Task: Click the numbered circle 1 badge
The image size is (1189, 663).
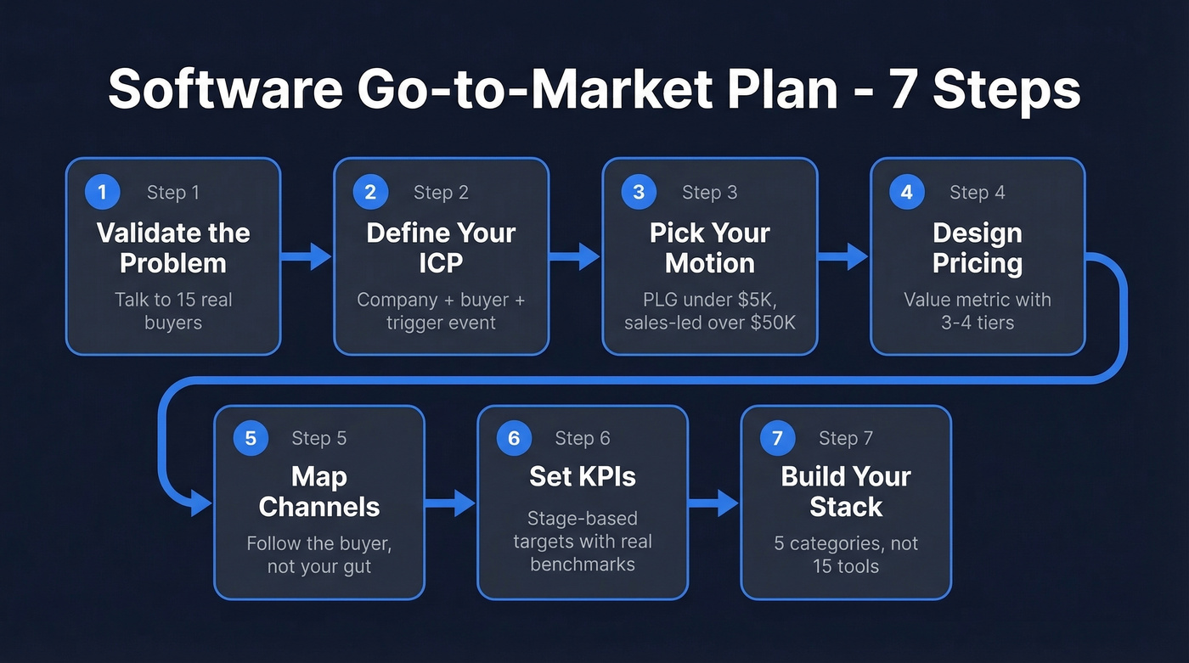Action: point(103,193)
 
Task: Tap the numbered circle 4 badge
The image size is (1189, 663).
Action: point(906,193)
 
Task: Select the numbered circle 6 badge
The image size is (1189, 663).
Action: point(514,438)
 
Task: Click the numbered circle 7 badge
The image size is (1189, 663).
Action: point(777,438)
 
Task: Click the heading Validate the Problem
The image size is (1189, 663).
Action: point(173,248)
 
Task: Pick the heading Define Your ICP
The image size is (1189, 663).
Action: point(441,248)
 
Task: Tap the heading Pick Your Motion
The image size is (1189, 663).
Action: point(709,248)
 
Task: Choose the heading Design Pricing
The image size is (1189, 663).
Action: point(977,248)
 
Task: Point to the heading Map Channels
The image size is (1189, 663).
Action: point(319,492)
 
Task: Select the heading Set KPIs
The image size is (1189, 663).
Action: point(583,476)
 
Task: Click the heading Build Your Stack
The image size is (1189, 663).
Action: point(846,492)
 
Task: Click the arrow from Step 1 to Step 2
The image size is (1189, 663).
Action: point(307,256)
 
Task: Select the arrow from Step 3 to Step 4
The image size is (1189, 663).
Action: point(843,256)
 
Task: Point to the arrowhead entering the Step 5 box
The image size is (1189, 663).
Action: point(201,503)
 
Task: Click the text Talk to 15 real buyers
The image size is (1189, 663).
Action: point(173,312)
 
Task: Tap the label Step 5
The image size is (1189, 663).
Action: point(319,438)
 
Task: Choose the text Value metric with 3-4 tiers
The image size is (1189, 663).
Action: point(977,312)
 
